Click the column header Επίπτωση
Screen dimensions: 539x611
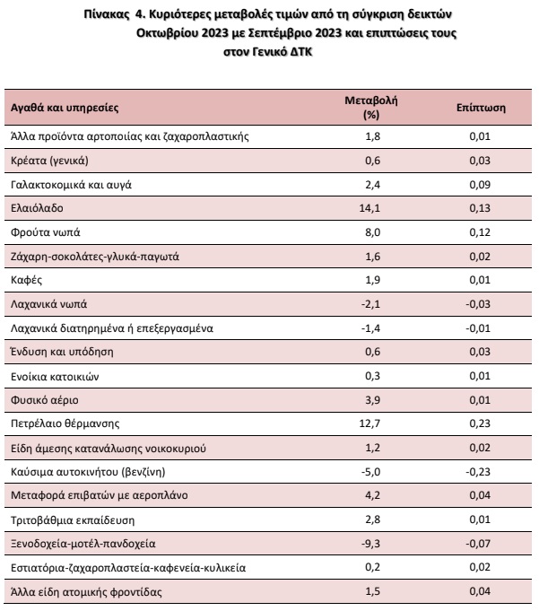[x=481, y=108]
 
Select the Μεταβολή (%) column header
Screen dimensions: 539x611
[x=371, y=108]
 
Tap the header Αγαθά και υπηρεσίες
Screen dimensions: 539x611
[x=65, y=108]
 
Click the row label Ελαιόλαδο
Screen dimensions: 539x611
[x=37, y=208]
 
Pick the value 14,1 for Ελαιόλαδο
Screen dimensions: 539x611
[x=369, y=208]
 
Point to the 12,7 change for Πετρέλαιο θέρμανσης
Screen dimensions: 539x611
[x=369, y=423]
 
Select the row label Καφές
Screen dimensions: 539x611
[x=27, y=280]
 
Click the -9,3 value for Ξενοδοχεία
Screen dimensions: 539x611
[x=370, y=544]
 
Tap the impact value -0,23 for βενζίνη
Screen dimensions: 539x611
[x=478, y=472]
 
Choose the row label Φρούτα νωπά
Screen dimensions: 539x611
[x=46, y=232]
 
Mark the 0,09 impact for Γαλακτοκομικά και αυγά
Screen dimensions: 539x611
[x=480, y=184]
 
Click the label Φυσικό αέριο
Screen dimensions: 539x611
[x=45, y=400]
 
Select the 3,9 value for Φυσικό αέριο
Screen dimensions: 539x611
[x=373, y=400]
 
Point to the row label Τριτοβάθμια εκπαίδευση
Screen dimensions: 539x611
[x=73, y=520]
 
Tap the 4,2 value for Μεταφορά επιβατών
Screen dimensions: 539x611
[x=373, y=495]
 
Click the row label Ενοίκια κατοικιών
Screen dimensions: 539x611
[x=55, y=377]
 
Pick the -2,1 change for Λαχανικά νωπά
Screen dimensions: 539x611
[x=370, y=304]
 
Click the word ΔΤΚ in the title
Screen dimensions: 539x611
[x=301, y=51]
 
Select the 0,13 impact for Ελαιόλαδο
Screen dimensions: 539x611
[x=480, y=208]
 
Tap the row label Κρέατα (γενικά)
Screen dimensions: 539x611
[x=49, y=161]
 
